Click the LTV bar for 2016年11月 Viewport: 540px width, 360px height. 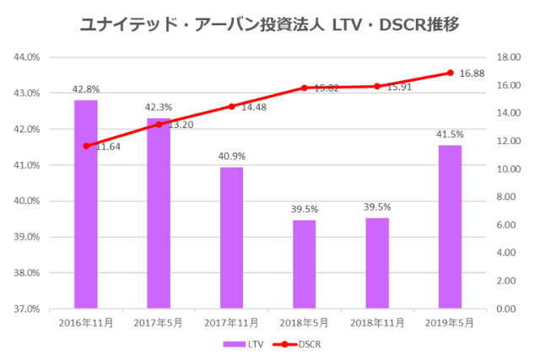(x=85, y=204)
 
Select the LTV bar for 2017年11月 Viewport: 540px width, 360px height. (x=231, y=238)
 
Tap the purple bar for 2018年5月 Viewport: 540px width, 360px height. (x=305, y=264)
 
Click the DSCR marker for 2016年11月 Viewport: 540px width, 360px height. (x=85, y=146)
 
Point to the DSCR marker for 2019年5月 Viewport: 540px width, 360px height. (x=451, y=73)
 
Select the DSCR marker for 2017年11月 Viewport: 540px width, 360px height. (x=231, y=106)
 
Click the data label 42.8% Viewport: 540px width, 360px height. (x=85, y=89)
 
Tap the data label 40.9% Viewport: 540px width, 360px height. (x=231, y=156)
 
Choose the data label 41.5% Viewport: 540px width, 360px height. (x=451, y=133)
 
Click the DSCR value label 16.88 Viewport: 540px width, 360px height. (x=472, y=73)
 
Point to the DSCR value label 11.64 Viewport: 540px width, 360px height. (x=107, y=147)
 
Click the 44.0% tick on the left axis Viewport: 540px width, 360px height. (x=27, y=57)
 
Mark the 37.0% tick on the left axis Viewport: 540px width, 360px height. (x=27, y=309)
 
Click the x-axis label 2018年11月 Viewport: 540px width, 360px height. (x=377, y=323)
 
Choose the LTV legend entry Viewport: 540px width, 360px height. (x=245, y=344)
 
